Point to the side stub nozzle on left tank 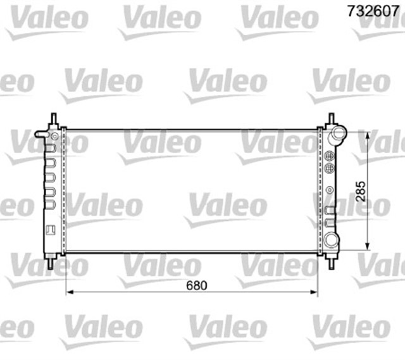[40, 134]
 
